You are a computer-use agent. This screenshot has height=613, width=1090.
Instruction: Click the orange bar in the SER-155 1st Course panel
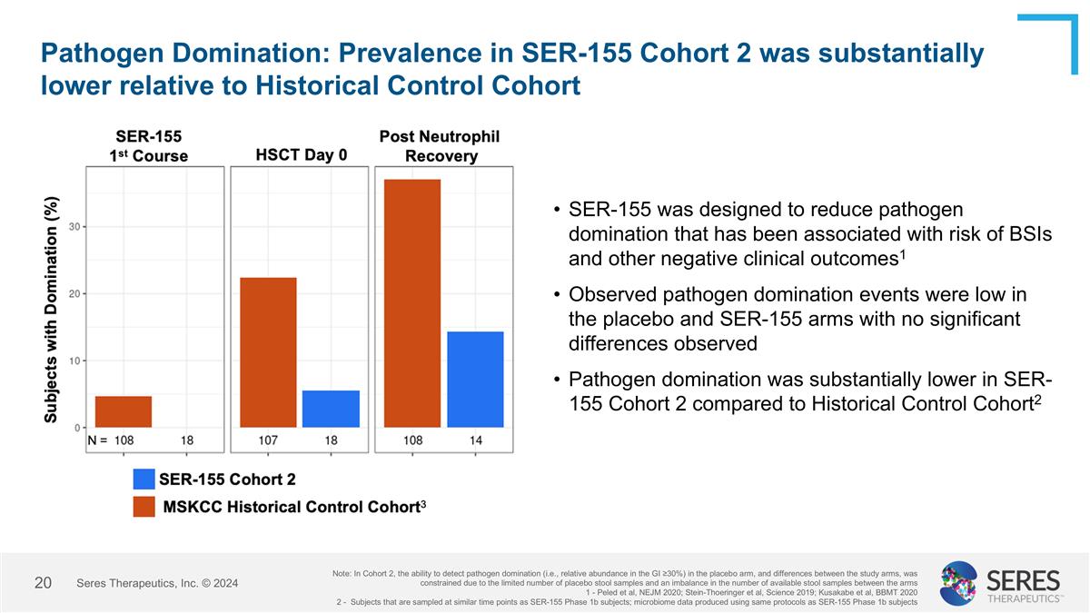(x=124, y=411)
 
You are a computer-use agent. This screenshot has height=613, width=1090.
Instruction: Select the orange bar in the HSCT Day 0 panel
(x=268, y=352)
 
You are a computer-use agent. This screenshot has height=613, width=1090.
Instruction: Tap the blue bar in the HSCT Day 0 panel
(x=331, y=409)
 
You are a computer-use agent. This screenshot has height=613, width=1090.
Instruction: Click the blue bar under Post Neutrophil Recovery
(x=475, y=380)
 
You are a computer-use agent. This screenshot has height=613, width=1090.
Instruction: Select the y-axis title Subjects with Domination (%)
(x=53, y=309)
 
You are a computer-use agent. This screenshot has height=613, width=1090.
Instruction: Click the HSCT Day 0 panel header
(x=302, y=154)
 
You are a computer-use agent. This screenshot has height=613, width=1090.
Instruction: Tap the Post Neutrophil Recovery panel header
(x=440, y=146)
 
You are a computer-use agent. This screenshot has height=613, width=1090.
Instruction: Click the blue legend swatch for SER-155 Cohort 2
(x=144, y=479)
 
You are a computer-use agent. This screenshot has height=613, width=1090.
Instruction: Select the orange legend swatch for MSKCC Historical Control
(x=144, y=506)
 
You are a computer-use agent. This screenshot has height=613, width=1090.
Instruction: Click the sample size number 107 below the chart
(x=268, y=440)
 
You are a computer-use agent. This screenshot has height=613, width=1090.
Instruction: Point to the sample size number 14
(x=475, y=440)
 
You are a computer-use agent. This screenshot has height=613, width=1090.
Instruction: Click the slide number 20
(x=42, y=582)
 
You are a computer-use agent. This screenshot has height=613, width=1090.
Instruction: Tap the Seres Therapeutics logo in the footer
(x=999, y=583)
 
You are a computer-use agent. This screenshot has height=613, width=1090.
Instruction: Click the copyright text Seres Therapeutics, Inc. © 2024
(x=157, y=583)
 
